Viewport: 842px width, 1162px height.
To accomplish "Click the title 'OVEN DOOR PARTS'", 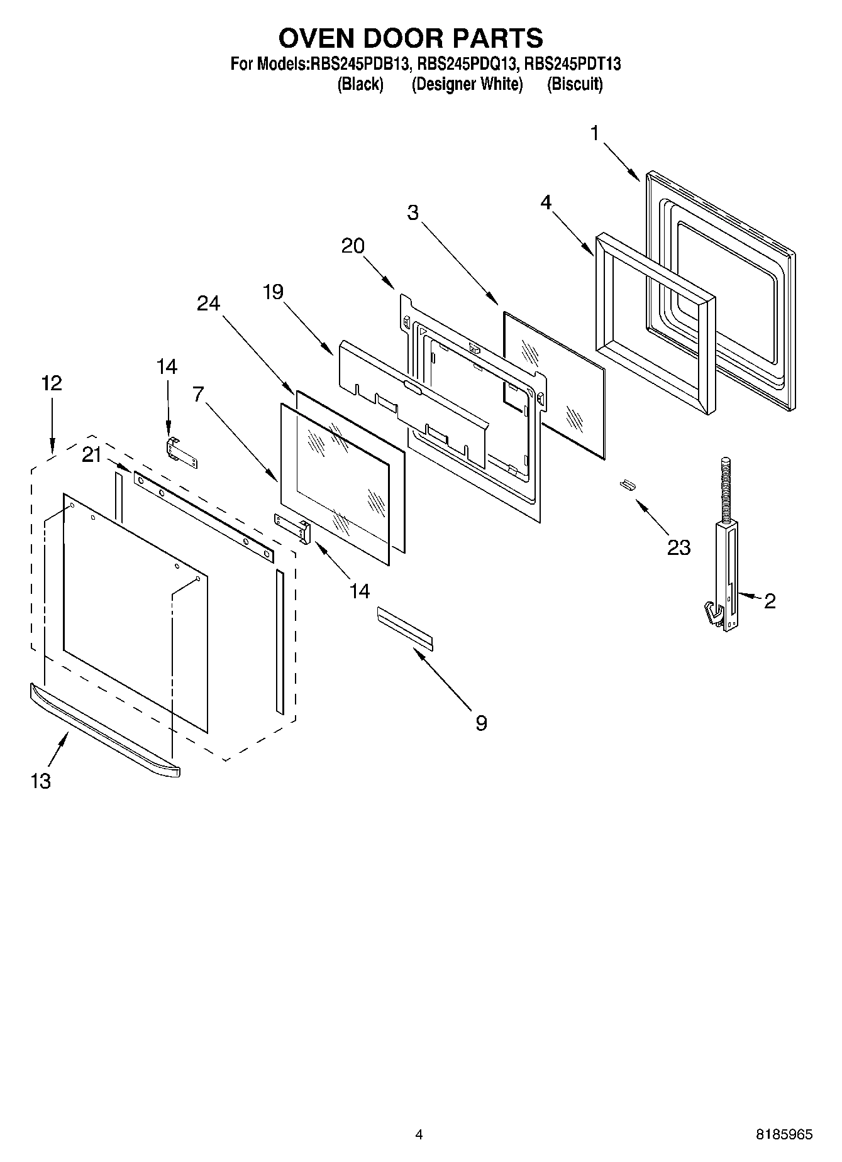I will coord(411,39).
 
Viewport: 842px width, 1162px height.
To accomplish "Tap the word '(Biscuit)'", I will coord(574,84).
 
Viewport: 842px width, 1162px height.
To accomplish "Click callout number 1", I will coord(594,133).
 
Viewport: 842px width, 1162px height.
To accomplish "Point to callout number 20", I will coord(353,246).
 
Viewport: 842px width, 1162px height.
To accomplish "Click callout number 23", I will coord(679,547).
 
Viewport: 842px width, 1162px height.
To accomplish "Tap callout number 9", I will coord(480,723).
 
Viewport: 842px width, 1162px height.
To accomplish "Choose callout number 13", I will coord(40,781).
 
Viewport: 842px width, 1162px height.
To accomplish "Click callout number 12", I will coord(52,383).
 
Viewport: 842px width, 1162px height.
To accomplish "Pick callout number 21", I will coord(92,455).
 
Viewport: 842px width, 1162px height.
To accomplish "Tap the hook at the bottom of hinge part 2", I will coord(710,613).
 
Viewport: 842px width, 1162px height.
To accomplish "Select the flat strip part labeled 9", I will coord(404,626).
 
